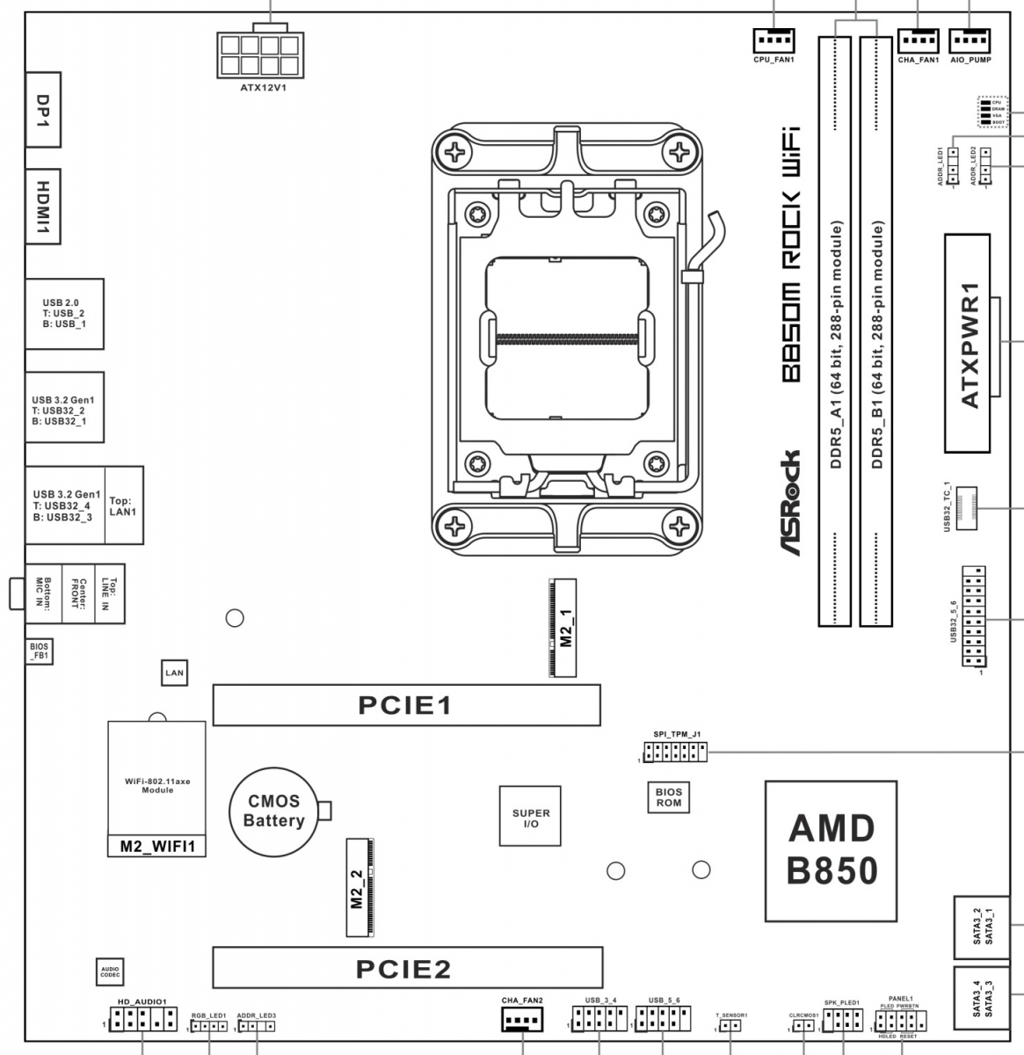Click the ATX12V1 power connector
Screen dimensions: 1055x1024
258,55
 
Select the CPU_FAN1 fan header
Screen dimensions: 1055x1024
773,40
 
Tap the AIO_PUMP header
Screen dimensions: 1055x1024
970,40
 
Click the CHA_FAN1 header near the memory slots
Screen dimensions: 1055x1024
919,40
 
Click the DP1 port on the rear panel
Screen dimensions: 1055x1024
41,108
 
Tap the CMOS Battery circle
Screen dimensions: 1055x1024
273,811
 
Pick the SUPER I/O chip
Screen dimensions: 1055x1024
531,815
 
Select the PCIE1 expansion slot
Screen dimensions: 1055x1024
406,705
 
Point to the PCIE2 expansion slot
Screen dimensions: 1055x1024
407,968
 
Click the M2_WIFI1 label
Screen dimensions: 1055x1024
156,847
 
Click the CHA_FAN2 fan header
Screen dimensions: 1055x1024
522,1021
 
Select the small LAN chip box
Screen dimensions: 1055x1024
175,673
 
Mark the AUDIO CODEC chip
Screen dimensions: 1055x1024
111,971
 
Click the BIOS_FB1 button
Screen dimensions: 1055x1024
39,651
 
